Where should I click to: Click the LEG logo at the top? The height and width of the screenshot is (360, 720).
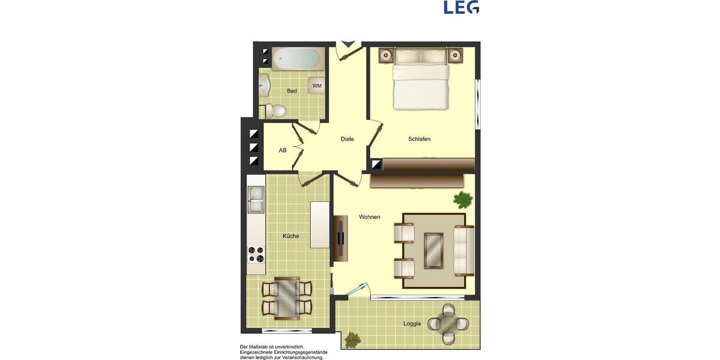pos(461,7)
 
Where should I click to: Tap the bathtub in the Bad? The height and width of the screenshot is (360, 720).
pos(298,59)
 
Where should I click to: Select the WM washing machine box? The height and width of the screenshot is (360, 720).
pos(317,86)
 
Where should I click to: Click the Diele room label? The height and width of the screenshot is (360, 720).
pos(347,139)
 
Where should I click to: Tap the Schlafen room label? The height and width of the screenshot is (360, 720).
pos(419,139)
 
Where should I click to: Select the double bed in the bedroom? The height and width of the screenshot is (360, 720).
pos(421,79)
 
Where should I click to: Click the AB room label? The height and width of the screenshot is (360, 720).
pos(283,151)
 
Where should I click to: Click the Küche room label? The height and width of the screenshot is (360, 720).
pos(291,236)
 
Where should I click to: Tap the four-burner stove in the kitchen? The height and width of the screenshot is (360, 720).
pos(256,255)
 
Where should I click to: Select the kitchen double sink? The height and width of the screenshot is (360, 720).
pos(256,200)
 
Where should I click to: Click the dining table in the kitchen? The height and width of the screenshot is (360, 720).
pos(287,298)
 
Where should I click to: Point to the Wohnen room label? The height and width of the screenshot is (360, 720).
pos(370,217)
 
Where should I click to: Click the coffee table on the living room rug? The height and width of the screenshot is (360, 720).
pos(434,250)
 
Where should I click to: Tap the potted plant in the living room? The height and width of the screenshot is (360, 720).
pos(463,199)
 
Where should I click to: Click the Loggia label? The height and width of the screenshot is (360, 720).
pos(412,324)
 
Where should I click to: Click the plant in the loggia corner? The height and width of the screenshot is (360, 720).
pos(352,340)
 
